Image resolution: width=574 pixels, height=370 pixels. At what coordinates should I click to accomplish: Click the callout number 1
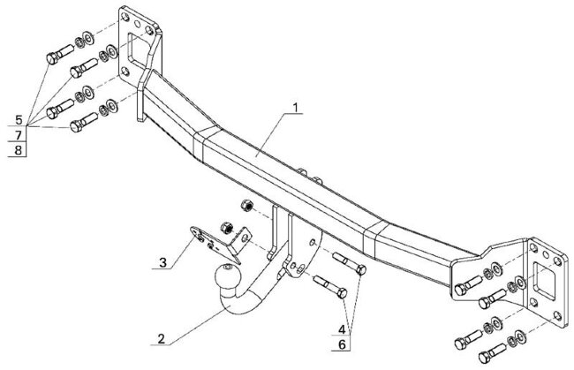click(x=296, y=108)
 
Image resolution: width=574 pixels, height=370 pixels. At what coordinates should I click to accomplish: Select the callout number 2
click(x=161, y=339)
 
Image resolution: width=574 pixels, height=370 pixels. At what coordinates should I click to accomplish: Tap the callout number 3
click(x=162, y=262)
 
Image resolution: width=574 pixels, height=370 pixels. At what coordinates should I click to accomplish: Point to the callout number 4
click(x=342, y=329)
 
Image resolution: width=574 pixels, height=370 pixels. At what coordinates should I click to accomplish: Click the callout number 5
click(x=19, y=120)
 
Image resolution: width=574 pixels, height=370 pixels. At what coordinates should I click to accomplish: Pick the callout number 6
click(x=342, y=344)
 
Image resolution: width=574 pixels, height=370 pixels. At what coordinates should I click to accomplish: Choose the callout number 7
click(x=19, y=135)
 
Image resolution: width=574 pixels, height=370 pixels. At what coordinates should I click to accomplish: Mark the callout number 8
click(x=19, y=150)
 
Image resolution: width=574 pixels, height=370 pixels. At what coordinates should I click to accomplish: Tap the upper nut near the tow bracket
click(x=247, y=205)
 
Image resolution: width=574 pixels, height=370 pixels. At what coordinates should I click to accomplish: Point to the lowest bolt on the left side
click(x=84, y=122)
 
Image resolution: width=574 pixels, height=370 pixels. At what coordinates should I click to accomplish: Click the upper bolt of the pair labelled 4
click(x=349, y=263)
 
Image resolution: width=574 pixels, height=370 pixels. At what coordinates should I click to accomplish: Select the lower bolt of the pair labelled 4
click(x=330, y=287)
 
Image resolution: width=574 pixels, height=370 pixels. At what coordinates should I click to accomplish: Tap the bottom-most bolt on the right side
click(x=493, y=353)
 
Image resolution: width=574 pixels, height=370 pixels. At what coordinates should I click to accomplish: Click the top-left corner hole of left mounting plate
click(x=125, y=17)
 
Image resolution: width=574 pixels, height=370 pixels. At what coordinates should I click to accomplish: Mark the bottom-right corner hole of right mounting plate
click(x=557, y=315)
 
